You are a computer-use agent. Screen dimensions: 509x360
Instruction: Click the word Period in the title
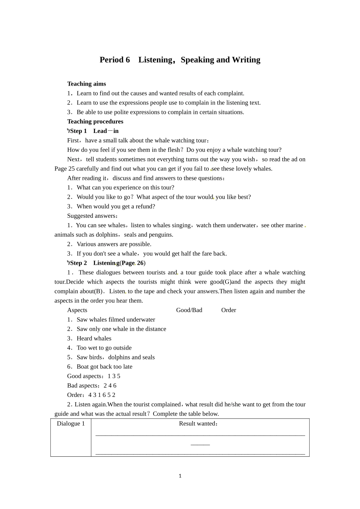[111, 60]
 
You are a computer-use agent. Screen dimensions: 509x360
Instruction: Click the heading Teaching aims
[86, 84]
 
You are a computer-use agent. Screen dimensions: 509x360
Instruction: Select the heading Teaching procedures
[95, 122]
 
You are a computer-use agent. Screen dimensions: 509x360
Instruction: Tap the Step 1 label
[78, 131]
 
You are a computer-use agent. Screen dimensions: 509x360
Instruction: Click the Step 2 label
[78, 263]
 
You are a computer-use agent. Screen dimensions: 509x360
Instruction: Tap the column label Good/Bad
[189, 310]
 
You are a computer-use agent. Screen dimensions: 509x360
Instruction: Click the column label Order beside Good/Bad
[229, 310]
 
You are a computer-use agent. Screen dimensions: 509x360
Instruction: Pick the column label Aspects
[77, 310]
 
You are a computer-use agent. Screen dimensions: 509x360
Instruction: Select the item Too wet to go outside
[104, 348]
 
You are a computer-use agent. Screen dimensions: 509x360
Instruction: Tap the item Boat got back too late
[104, 367]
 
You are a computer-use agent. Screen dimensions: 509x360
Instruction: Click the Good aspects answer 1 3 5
[114, 376]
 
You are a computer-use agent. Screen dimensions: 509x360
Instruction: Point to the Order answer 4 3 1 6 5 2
[102, 395]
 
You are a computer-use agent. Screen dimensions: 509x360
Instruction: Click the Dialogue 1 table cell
[71, 424]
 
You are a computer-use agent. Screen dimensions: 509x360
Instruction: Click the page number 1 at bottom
[180, 476]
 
